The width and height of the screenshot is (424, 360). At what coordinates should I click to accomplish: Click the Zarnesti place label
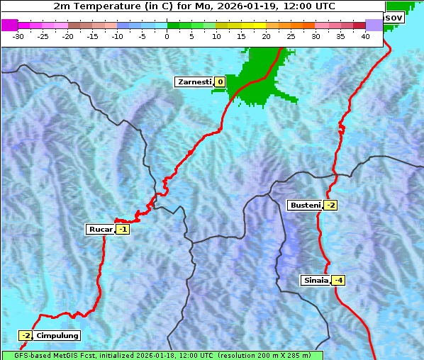[x=194, y=82]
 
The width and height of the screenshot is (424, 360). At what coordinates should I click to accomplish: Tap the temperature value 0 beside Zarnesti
[x=220, y=82]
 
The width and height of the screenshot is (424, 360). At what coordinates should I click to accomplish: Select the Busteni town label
[x=304, y=206]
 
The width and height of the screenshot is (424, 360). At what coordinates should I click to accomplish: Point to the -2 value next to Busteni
[x=330, y=206]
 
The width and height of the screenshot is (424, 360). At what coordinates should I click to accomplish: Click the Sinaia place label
[x=316, y=280]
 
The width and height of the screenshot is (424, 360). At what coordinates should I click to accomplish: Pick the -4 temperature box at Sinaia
[x=339, y=280]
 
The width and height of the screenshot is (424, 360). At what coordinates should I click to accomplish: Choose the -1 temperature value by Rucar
[x=123, y=229]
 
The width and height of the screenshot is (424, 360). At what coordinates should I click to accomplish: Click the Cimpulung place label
[x=57, y=335]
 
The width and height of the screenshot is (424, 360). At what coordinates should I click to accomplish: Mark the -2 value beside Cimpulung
[x=26, y=335]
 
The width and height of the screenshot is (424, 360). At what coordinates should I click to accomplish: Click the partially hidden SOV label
[x=394, y=17]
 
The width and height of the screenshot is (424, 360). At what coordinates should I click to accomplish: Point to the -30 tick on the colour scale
[x=18, y=35]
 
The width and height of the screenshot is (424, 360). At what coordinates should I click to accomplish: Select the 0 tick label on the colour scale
[x=167, y=35]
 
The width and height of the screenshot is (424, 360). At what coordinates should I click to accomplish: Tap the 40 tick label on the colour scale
[x=365, y=35]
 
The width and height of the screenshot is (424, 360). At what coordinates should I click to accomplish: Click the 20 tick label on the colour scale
[x=266, y=35]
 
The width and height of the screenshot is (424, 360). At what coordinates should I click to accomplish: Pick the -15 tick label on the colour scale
[x=93, y=35]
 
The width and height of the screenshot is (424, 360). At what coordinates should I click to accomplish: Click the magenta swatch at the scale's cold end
[x=9, y=25]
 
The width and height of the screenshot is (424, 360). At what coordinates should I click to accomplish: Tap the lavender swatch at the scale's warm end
[x=374, y=25]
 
